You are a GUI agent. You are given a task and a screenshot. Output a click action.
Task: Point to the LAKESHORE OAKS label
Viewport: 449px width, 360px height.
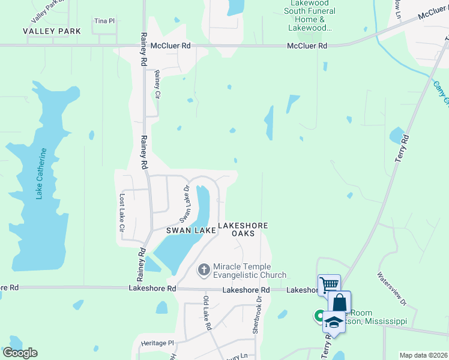(243, 229)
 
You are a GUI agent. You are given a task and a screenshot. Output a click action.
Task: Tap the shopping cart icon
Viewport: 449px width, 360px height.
(329, 283)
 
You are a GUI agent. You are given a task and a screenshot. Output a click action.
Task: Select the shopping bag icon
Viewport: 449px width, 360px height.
(339, 301)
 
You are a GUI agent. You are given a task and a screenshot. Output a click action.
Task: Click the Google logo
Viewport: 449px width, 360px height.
(20, 353)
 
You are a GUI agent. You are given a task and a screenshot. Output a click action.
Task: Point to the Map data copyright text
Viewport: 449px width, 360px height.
(423, 355)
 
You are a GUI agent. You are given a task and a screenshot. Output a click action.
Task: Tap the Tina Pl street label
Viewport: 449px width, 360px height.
(104, 21)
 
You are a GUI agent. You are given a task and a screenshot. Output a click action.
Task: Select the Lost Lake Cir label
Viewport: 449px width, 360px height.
(121, 213)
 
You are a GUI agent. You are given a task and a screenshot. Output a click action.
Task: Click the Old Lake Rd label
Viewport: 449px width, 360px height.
(207, 312)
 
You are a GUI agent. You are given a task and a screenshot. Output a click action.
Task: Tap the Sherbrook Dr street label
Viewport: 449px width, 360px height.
(256, 314)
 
